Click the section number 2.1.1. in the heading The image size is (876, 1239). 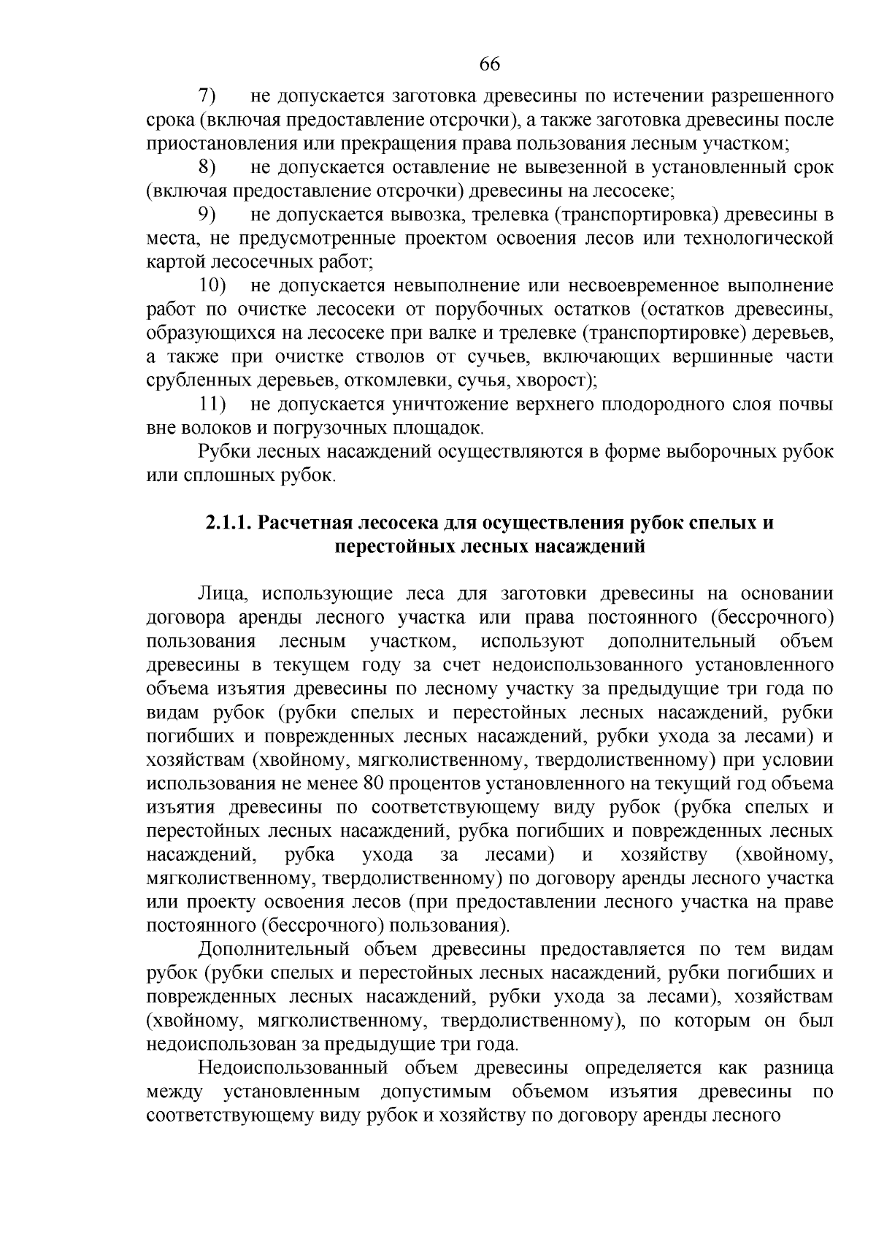229,523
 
